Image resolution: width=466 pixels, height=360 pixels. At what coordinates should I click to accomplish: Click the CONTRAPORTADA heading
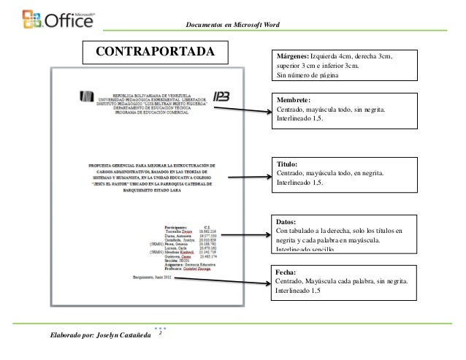click(156, 53)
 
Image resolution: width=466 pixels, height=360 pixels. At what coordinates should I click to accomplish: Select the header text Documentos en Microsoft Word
click(238, 26)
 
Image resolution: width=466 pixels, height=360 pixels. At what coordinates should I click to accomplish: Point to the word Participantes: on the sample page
click(180, 227)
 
